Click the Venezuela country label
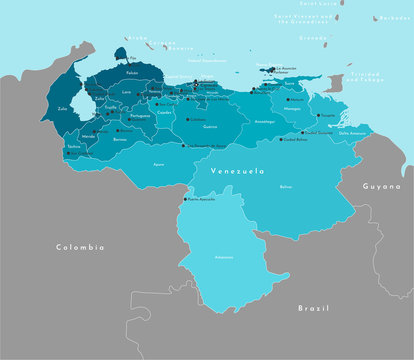tap(237, 172)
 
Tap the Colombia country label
tap(80, 246)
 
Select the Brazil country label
tap(313, 309)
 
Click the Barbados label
tap(393, 18)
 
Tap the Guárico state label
tap(209, 127)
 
